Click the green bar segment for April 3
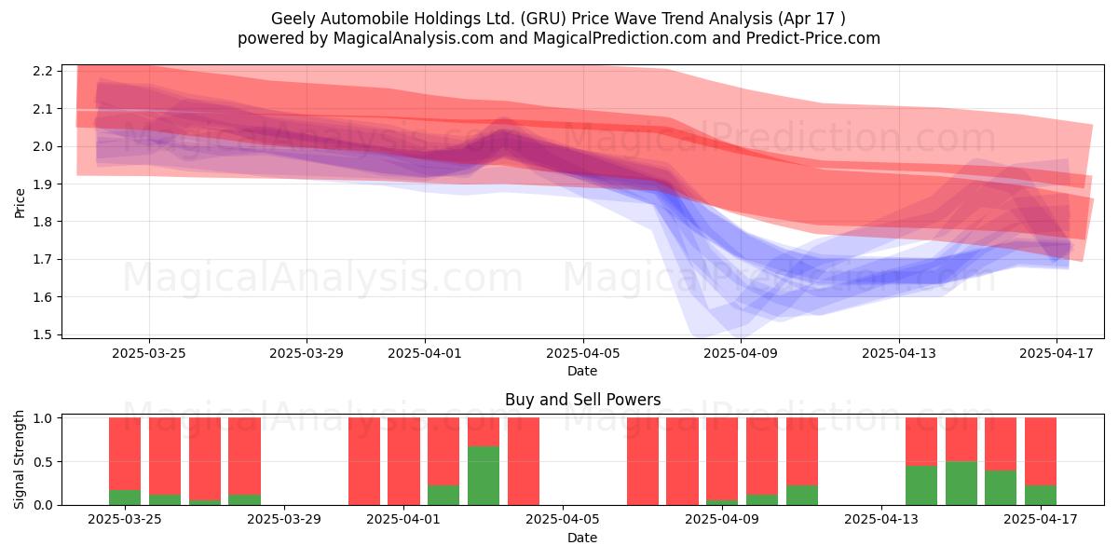point(484,475)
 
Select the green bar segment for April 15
point(961,484)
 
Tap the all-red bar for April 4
point(524,461)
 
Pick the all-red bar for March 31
point(364,461)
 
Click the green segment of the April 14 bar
point(921,485)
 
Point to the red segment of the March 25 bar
point(125,454)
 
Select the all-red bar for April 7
point(643,461)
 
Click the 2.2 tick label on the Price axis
point(43,71)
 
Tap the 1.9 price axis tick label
point(43,184)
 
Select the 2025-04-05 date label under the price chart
point(582,353)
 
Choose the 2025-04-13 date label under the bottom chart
point(881,520)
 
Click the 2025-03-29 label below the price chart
point(307,353)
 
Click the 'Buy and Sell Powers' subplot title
point(582,400)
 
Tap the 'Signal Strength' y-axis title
point(19,459)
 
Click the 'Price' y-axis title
point(20,203)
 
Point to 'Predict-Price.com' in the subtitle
point(812,38)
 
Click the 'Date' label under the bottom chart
point(582,538)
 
